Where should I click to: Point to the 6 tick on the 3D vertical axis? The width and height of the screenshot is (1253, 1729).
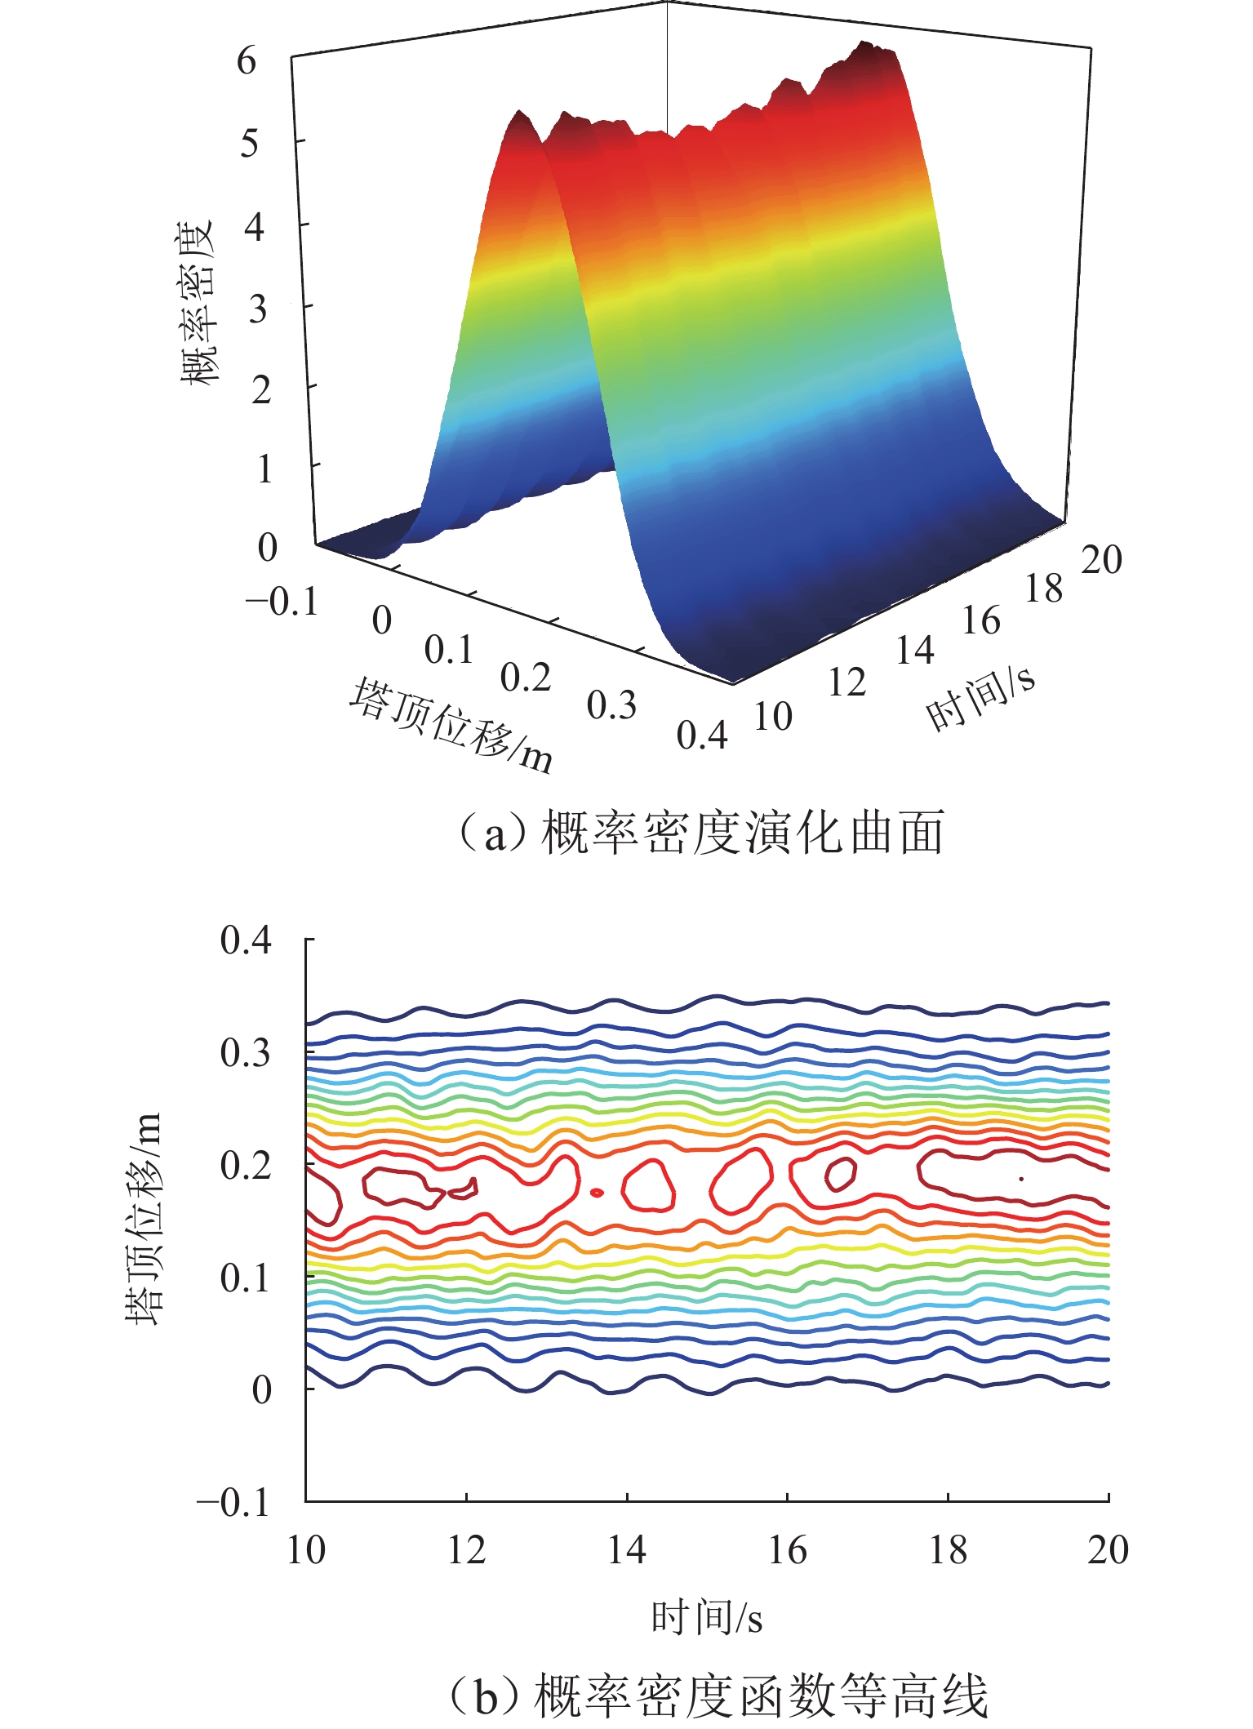coord(247,61)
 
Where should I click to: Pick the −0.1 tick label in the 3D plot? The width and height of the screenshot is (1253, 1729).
coord(282,602)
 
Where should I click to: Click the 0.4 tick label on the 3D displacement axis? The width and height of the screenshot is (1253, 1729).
coord(702,736)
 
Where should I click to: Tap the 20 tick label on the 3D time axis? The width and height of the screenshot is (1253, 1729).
coord(1101,560)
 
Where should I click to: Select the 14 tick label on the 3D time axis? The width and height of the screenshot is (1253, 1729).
coord(914,651)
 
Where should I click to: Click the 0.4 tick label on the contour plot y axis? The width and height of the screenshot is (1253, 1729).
coord(246,940)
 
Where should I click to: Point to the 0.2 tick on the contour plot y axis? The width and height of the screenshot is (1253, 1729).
coord(246,1165)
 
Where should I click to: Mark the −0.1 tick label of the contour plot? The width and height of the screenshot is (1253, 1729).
coord(234,1502)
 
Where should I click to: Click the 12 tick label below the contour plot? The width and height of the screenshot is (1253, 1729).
coord(466,1549)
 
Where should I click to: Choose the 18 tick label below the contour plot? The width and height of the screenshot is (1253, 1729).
coord(948,1549)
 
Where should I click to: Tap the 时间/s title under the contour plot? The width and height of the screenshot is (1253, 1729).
coord(707,1617)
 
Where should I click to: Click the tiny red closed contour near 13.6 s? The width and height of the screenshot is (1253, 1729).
coord(597,1193)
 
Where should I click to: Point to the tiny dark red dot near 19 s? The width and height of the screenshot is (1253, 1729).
coord(1020,1178)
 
